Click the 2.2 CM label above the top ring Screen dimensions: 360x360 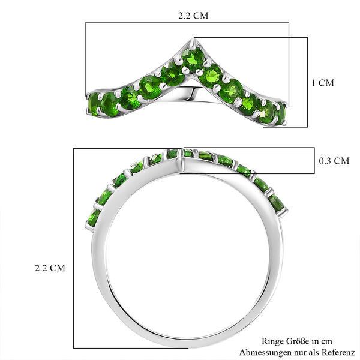coord(193,16)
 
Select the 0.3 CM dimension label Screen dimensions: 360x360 coord(332,160)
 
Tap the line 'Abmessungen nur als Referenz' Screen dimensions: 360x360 coord(297,352)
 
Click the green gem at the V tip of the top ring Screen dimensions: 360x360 coord(193,59)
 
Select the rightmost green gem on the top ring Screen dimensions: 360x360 coord(279,112)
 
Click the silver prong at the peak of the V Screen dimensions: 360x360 coord(193,43)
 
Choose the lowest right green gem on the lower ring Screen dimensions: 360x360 coord(277,202)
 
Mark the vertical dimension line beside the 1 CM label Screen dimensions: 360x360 coord(307,83)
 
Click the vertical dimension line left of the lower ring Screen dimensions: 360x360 coord(74,249)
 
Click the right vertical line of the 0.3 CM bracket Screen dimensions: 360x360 coord(314,161)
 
